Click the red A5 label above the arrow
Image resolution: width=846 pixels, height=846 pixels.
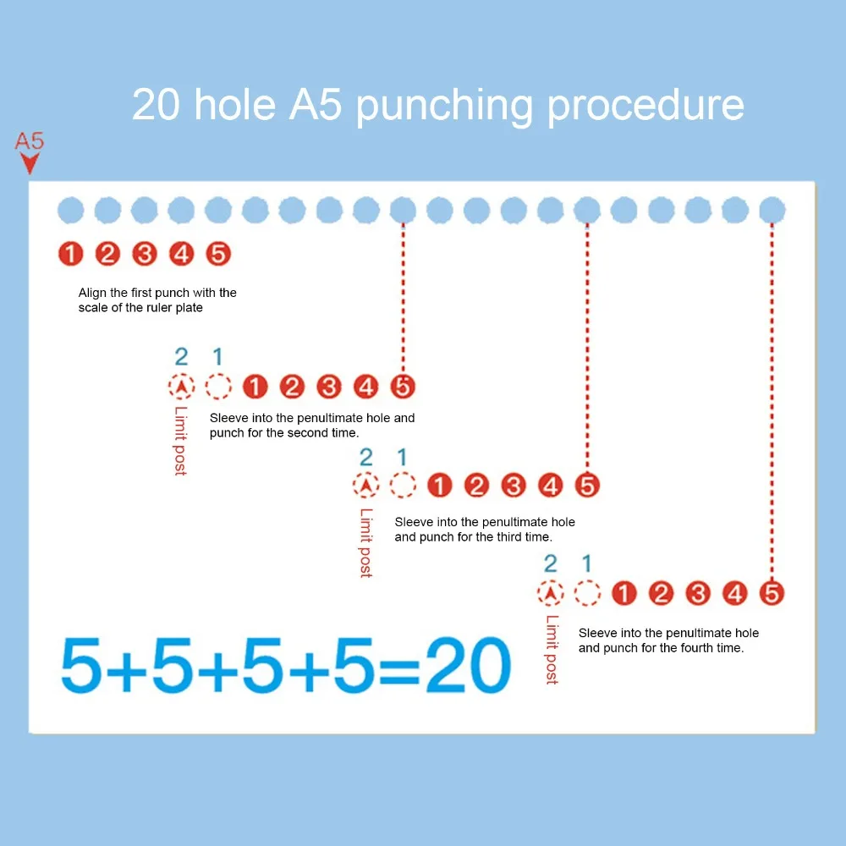tap(29, 140)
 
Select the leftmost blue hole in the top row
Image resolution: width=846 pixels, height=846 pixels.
tap(71, 210)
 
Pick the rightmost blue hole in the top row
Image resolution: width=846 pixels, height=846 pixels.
tap(772, 210)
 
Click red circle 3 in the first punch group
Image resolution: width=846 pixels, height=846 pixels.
tap(145, 254)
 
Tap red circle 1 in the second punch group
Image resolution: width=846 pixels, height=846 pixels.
tap(255, 387)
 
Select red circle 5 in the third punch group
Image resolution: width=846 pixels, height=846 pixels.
tap(587, 485)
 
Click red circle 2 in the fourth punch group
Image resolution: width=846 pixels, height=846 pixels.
tap(661, 594)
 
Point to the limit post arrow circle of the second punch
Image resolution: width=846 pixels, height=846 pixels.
tap(181, 387)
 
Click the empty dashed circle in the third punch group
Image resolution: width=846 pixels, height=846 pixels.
tap(403, 485)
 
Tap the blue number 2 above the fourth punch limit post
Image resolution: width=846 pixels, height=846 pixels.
tap(551, 563)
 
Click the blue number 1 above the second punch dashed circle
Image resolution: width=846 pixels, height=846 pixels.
tap(218, 357)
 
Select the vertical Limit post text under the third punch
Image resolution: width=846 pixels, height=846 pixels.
tap(365, 543)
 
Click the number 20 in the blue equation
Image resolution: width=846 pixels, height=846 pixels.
tap(468, 665)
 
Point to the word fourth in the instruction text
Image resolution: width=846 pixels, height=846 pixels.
tap(683, 647)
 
